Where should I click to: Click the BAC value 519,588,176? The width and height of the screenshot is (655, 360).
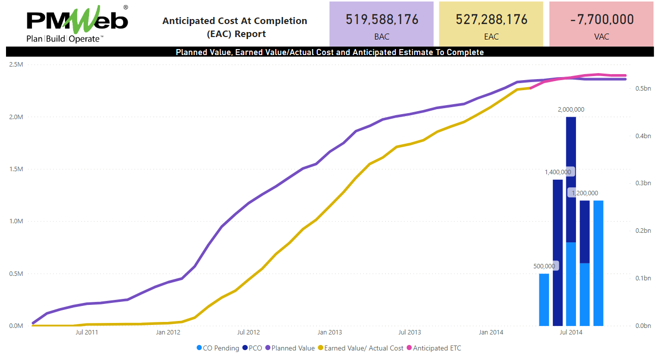tap(382, 20)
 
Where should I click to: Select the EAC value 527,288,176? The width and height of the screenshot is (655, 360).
tap(491, 20)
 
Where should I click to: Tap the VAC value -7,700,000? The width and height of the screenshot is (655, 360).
tap(602, 20)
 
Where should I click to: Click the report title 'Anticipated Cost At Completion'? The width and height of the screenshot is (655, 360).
tap(235, 21)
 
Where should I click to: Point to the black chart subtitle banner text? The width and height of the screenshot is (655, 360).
tap(330, 52)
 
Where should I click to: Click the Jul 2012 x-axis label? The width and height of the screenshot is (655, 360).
tap(249, 332)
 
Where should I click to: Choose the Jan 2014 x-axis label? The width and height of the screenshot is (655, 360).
tap(491, 332)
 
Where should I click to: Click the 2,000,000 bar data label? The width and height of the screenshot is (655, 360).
tap(571, 110)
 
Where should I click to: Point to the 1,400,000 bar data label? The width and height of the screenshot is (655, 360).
tap(558, 172)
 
